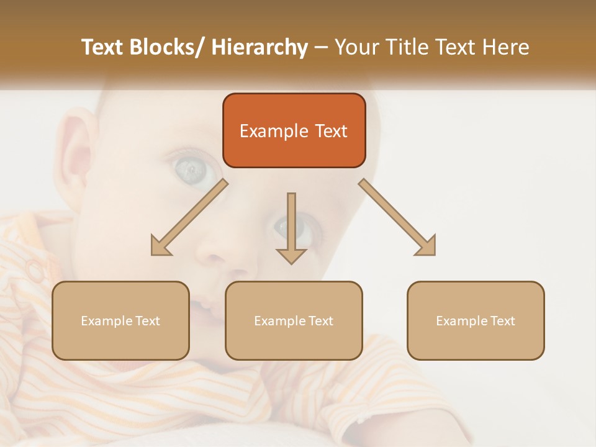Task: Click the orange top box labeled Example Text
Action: coord(294,130)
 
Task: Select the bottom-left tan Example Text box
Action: coord(120,320)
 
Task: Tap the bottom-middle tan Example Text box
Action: coord(294,320)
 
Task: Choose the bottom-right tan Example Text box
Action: coord(476,320)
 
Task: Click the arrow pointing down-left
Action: coord(189,217)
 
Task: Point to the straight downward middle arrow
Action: coord(291,227)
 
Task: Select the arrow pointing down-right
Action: coord(397,217)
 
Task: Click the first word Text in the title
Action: coord(102,47)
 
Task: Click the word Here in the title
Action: coord(508,47)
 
